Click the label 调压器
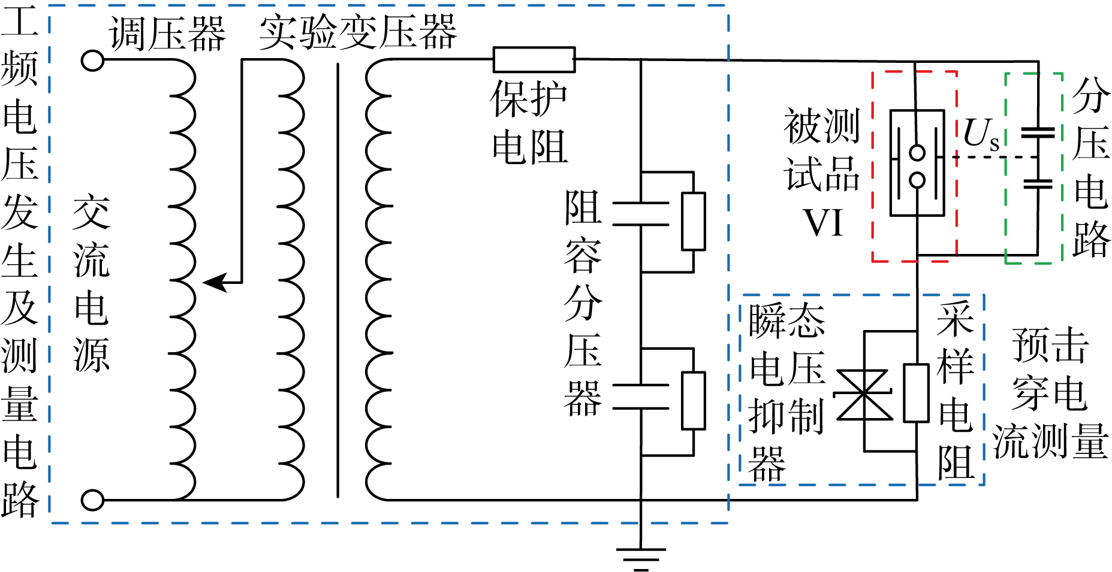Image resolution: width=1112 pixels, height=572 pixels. (x=167, y=34)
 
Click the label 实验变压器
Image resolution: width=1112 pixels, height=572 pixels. (x=358, y=32)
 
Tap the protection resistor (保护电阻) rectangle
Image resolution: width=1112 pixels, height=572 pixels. (x=534, y=60)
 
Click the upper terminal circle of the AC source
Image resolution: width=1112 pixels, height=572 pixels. (x=92, y=60)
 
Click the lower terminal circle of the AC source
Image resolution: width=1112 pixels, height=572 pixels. (x=92, y=500)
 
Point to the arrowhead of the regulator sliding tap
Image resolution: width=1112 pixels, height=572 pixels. (x=215, y=282)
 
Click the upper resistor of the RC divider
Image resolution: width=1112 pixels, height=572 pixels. (x=694, y=221)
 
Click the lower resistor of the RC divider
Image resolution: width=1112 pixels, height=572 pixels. (x=694, y=400)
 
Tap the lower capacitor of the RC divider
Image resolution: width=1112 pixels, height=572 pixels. (x=640, y=397)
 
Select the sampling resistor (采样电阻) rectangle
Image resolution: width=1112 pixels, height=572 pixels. (x=916, y=392)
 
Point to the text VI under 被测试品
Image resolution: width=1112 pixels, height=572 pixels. (x=823, y=223)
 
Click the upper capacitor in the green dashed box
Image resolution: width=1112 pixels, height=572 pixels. (x=1038, y=132)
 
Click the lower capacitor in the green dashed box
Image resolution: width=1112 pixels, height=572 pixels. (x=1038, y=183)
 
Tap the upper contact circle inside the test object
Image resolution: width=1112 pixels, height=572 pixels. (x=917, y=153)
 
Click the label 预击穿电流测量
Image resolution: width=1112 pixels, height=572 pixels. (x=1050, y=394)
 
